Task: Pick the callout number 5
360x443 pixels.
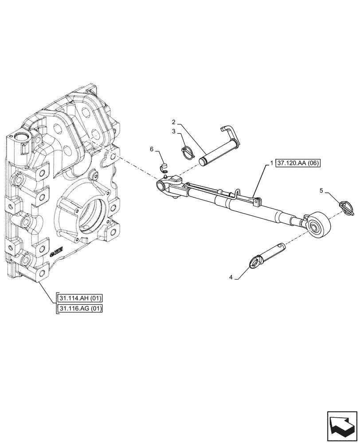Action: pyautogui.click(x=321, y=191)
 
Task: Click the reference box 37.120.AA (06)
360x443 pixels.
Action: pyautogui.click(x=297, y=163)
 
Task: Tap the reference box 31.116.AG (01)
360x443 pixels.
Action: pyautogui.click(x=80, y=308)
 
